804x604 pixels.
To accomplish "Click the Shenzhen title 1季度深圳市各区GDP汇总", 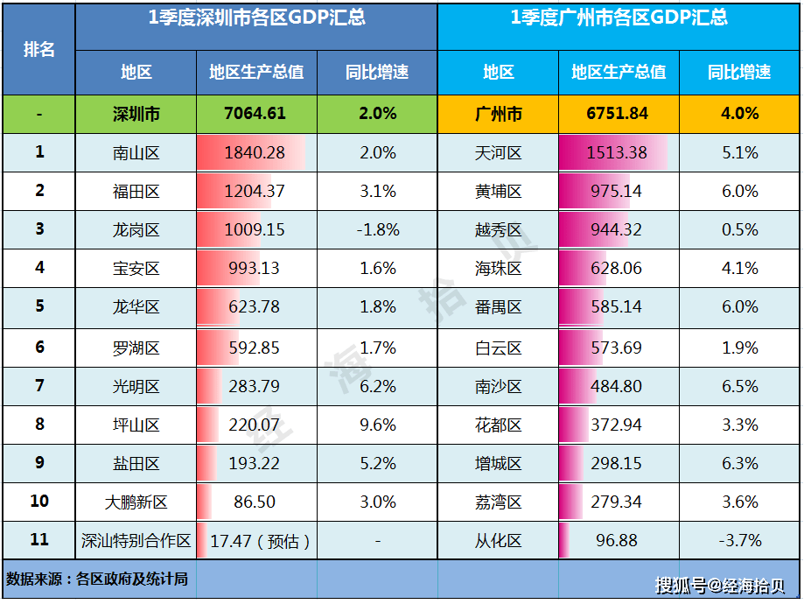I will tap(255, 18).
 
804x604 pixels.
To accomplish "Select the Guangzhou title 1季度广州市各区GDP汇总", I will tap(619, 18).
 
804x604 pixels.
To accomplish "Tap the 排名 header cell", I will tap(39, 49).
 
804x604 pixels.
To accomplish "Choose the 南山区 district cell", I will tap(136, 152).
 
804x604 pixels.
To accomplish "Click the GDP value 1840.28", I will tap(255, 152).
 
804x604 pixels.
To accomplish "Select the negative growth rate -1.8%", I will tap(378, 229).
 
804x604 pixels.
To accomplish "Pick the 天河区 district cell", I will tap(499, 152).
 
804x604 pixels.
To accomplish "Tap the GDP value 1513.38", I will tap(617, 152).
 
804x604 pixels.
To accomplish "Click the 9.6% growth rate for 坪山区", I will tap(378, 425).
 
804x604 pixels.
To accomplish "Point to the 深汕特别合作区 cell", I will tap(136, 541).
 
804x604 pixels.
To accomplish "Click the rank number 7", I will tap(39, 385).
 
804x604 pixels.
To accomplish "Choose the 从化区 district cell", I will tap(499, 541).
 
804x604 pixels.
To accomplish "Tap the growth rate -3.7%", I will tap(740, 541).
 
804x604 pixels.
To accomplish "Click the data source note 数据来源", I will tap(97, 579).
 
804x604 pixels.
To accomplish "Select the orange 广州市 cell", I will tap(499, 113).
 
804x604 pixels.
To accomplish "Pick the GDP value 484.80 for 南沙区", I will tap(617, 386).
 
